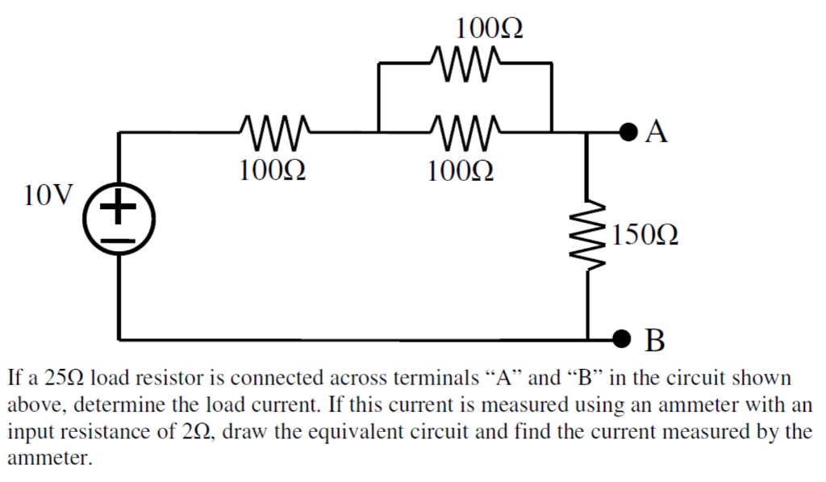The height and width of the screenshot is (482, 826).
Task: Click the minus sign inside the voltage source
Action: [x=119, y=241]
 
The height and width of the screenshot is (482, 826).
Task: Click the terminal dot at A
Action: [x=626, y=132]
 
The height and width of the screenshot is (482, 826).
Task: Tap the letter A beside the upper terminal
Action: [x=657, y=132]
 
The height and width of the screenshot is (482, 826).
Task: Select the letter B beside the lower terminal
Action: [x=656, y=340]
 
